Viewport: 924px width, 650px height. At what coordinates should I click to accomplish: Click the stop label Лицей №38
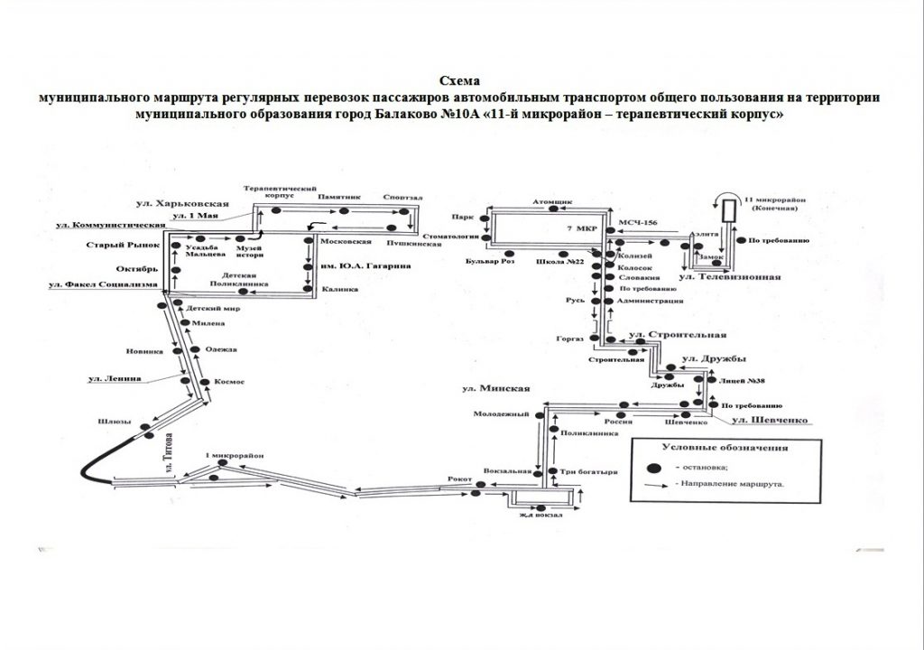click(x=744, y=382)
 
